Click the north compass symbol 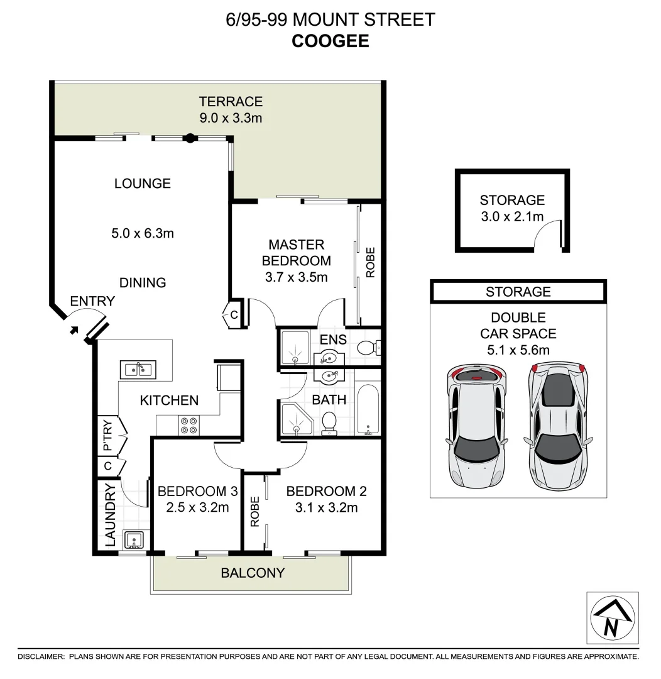[x=613, y=617]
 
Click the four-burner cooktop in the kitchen [x=188, y=426]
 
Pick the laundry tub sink [x=134, y=540]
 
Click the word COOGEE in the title [x=330, y=41]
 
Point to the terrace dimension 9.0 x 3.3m [x=231, y=117]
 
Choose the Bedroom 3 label [x=193, y=491]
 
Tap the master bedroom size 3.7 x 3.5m [x=296, y=276]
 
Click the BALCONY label [x=252, y=573]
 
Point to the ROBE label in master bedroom [x=370, y=263]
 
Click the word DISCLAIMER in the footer [x=41, y=656]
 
